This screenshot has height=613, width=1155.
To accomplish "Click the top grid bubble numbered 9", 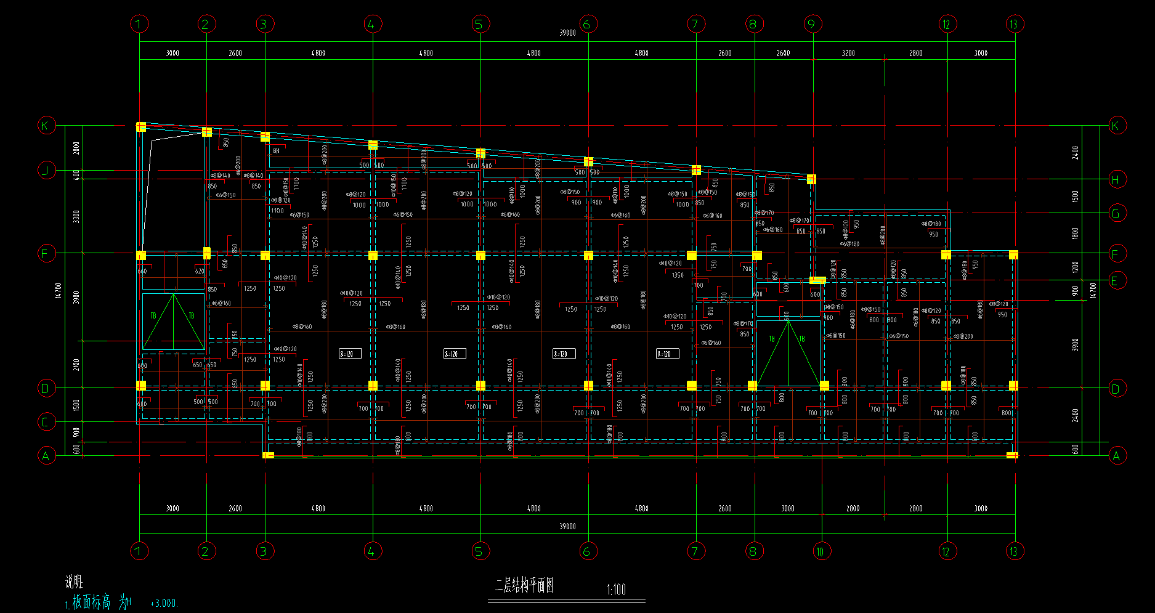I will point(812,24).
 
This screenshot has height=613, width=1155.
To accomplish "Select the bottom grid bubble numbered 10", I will point(820,551).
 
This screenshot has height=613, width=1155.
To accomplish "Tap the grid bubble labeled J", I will point(46,169).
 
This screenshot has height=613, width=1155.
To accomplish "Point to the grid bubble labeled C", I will point(45,422).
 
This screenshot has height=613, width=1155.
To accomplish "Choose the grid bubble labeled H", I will point(1116,179).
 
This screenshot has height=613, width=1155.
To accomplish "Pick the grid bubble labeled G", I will point(1116,213).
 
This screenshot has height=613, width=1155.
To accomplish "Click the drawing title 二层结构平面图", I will point(524,585).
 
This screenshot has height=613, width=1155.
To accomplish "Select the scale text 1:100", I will point(616,590).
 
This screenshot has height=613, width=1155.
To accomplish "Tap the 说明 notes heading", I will point(74,582).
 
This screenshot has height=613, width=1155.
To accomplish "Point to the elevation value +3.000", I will point(163,604).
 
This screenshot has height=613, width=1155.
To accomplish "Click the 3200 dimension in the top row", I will point(848,53).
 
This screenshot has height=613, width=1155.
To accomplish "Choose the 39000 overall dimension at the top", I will point(567,33).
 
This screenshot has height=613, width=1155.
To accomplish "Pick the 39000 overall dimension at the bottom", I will point(567,526).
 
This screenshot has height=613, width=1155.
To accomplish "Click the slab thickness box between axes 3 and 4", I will point(350,354).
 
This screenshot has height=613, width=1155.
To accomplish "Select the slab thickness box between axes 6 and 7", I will point(668,354).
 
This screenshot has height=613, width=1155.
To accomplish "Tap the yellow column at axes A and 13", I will point(1011,455).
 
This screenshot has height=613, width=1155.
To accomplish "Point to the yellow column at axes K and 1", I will point(141,127).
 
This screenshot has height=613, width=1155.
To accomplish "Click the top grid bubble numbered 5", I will point(479,24).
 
